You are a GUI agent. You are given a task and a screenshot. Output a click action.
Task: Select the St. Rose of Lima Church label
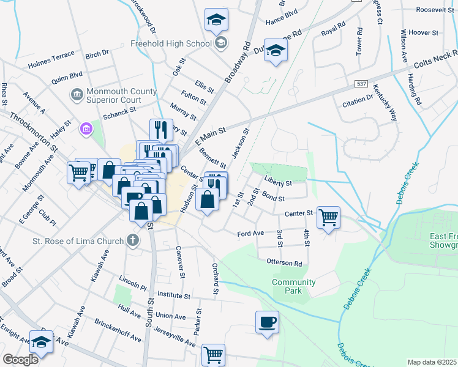click(78, 240)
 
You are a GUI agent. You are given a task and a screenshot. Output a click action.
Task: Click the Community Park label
click(294, 286)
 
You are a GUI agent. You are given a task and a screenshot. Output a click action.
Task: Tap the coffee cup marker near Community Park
click(267, 321)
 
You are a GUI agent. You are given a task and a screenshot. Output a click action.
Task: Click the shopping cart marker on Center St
click(329, 217)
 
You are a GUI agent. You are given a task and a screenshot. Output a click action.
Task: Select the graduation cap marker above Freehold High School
click(216, 21)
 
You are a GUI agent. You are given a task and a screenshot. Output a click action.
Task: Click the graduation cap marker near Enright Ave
click(42, 344)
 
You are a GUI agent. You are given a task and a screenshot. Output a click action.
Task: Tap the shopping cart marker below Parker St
click(213, 354)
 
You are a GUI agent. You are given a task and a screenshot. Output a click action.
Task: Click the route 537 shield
click(361, 83)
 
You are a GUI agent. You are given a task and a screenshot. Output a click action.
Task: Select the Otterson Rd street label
click(284, 263)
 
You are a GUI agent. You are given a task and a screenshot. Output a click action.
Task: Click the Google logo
click(21, 359)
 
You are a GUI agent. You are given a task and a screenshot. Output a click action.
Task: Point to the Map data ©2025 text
click(432, 362)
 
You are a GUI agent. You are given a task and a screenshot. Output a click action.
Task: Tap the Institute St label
click(173, 295)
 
